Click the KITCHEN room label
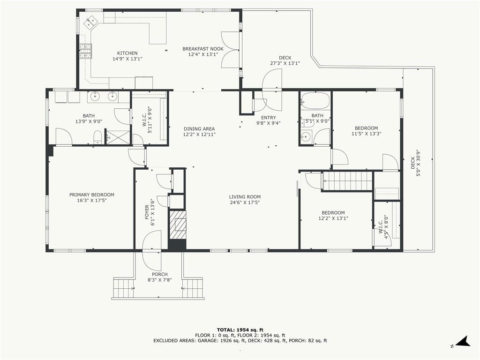click(127, 53)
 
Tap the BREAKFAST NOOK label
click(203, 49)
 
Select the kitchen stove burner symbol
click(86, 51)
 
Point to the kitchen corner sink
click(91, 22)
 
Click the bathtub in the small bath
click(315, 100)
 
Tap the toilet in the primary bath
click(97, 137)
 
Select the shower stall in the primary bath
click(118, 136)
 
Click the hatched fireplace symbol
click(177, 225)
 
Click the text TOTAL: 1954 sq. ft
click(240, 330)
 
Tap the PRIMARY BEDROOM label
click(92, 195)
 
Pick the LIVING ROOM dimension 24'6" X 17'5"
click(245, 202)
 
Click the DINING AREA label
click(199, 129)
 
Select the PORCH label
click(160, 274)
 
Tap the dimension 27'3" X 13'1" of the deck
click(285, 63)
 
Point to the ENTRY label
click(269, 118)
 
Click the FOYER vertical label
click(147, 212)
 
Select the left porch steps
click(124, 288)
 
